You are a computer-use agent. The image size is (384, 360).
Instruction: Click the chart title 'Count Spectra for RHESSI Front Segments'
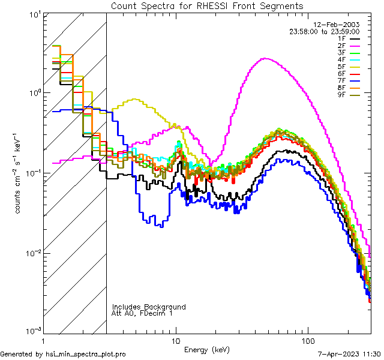click(x=207, y=5)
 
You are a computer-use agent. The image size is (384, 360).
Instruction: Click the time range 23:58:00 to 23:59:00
click(x=333, y=31)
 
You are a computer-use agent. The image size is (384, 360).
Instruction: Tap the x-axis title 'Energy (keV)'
click(x=207, y=350)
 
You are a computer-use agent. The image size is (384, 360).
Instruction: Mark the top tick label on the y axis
click(x=31, y=14)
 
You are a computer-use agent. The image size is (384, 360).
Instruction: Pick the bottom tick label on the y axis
click(x=30, y=331)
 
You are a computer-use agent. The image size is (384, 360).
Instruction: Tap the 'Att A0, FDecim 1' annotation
click(x=142, y=313)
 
